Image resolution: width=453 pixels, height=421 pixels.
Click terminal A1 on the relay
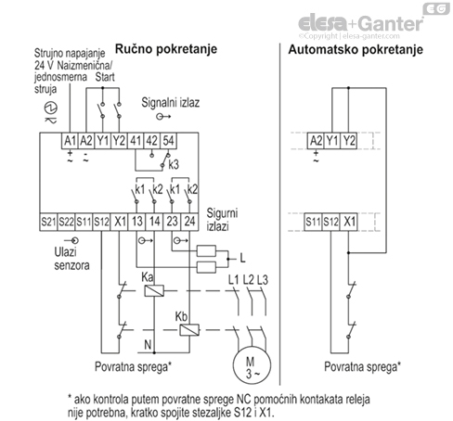point(68,141)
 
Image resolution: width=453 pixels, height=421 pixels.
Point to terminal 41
point(134,141)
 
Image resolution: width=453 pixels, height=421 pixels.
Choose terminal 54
point(168,141)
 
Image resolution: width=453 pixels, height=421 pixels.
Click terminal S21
point(49,222)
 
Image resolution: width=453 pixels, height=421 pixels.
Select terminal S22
point(68,222)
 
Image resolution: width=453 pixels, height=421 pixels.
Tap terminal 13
point(136,222)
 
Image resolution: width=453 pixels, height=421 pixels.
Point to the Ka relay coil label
point(146,277)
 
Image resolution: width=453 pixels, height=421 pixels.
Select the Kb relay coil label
point(181,316)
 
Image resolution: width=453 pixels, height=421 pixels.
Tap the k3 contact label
point(174,164)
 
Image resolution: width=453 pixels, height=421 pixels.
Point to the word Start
point(107,78)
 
